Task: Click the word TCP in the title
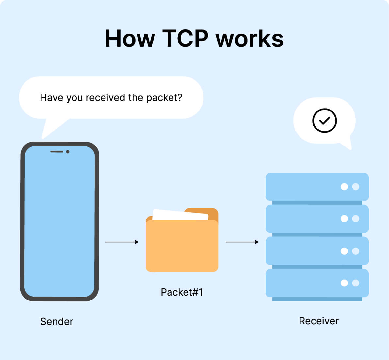[x=185, y=39]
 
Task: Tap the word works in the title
[x=250, y=39]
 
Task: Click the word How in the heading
[x=130, y=39]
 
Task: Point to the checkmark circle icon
[x=324, y=121]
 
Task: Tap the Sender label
[x=57, y=321]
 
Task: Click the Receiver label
[x=318, y=321]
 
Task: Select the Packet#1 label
[x=182, y=292]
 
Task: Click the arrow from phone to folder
[x=122, y=242]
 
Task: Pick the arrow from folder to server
[x=242, y=242]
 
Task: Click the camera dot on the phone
[x=68, y=152]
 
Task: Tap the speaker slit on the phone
[x=57, y=152]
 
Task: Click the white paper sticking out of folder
[x=180, y=214]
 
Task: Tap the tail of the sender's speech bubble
[x=49, y=129]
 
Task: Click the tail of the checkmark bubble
[x=347, y=144]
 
